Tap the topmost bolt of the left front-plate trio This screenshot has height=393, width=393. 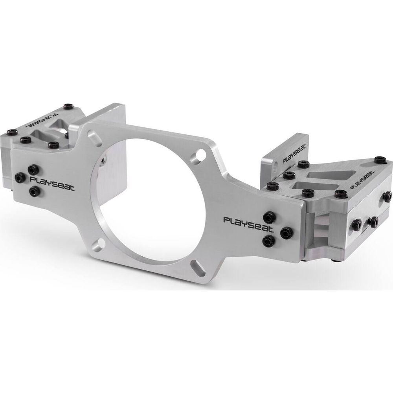click(33, 170)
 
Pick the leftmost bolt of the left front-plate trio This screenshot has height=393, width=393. click(20, 178)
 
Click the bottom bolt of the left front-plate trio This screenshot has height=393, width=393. click(34, 192)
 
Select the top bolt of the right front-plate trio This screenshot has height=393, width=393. click(270, 217)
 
